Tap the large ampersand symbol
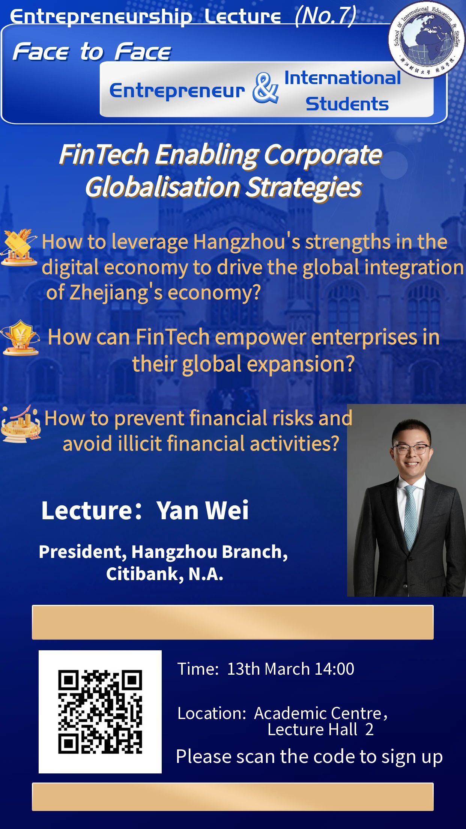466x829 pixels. click(265, 88)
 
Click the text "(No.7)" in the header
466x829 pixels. click(325, 16)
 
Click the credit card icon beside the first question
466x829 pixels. click(19, 247)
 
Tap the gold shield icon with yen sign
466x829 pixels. click(20, 338)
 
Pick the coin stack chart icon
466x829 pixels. click(21, 423)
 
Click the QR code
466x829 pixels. click(100, 712)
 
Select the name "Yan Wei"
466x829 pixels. click(203, 510)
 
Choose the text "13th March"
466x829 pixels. click(269, 669)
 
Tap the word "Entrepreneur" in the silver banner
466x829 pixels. click(177, 90)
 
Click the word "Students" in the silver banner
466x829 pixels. click(347, 104)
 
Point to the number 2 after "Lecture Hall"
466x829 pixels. click(369, 730)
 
